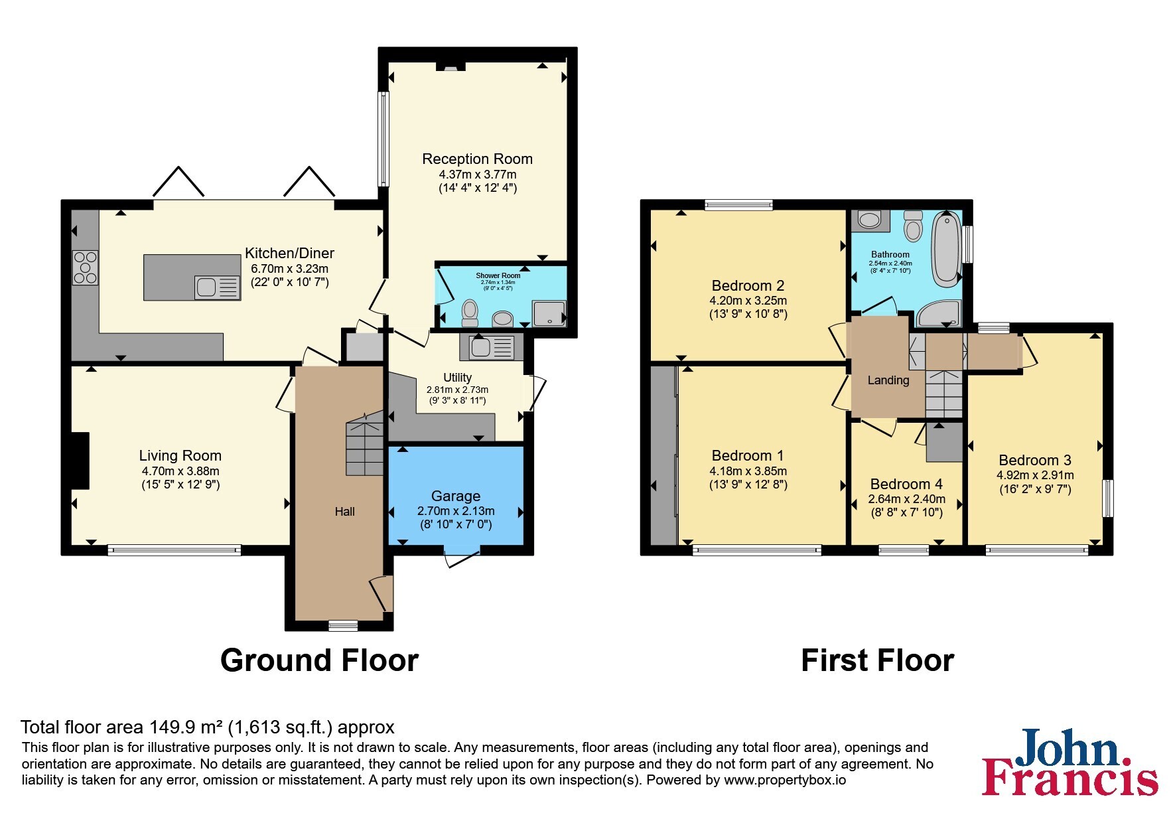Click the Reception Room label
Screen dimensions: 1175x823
click(477, 159)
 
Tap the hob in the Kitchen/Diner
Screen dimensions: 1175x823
click(85, 267)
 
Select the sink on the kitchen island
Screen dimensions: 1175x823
click(217, 287)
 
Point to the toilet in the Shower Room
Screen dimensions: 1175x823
click(470, 312)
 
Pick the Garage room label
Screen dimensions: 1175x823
click(456, 496)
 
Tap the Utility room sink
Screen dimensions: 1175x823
click(492, 347)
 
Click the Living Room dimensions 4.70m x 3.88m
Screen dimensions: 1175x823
click(180, 471)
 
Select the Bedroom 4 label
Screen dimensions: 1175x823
click(906, 485)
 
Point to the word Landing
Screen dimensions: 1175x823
click(888, 380)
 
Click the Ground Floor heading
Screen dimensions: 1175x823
click(319, 660)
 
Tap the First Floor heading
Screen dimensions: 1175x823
click(877, 660)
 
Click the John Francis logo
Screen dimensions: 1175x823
click(1070, 762)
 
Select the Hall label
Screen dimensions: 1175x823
click(344, 512)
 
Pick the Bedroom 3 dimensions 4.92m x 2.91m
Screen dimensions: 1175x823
click(1035, 475)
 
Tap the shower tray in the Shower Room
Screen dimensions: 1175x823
click(549, 314)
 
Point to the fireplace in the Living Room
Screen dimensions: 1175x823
click(80, 461)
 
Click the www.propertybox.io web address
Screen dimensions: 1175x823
click(785, 781)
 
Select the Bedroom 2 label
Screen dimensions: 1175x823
click(748, 286)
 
